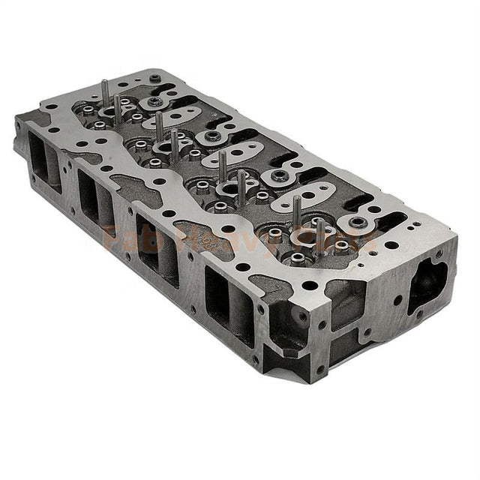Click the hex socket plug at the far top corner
154,78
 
